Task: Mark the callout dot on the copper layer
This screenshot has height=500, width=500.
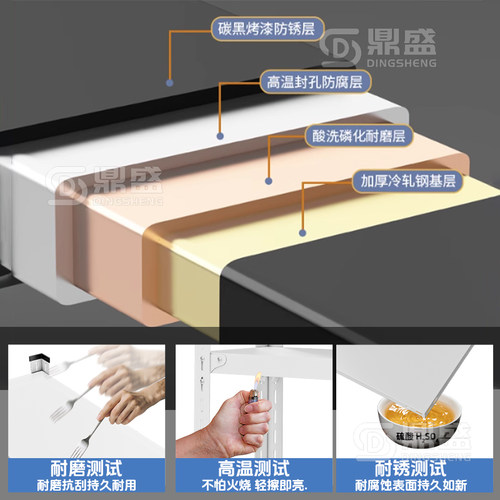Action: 268,183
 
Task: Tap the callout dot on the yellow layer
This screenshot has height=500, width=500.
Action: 303,231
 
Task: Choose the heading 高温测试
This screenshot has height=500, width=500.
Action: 250,466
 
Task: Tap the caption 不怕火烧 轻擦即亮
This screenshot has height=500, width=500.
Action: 250,485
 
